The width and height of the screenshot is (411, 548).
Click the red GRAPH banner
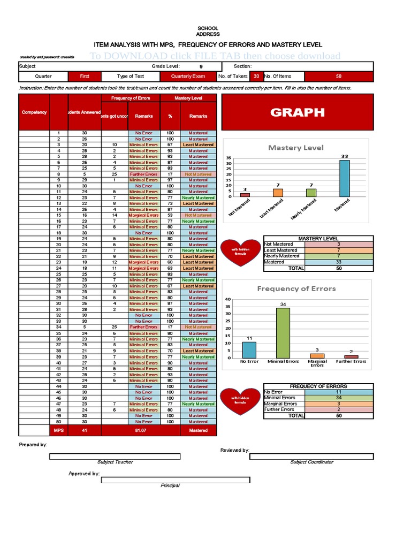click(x=297, y=112)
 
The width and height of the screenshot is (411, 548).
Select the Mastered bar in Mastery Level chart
click(x=345, y=179)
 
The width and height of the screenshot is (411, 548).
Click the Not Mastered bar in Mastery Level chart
click(x=245, y=195)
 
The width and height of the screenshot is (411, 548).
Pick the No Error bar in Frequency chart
click(x=249, y=350)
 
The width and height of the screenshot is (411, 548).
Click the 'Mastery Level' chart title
click(x=296, y=147)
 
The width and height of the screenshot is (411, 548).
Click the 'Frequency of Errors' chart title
click(x=296, y=288)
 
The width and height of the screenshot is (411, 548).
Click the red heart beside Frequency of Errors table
click(x=240, y=401)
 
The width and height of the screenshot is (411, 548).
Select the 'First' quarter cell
click(x=85, y=77)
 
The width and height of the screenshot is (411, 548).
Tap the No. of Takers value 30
click(x=256, y=77)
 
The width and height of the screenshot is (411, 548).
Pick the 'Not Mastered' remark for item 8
click(x=198, y=174)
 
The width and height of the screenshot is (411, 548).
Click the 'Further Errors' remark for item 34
click(x=143, y=327)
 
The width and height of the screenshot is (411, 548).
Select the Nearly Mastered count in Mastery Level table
click(x=338, y=256)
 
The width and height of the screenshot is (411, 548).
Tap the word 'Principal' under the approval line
click(x=170, y=485)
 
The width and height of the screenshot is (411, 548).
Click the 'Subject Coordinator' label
click(x=311, y=462)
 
